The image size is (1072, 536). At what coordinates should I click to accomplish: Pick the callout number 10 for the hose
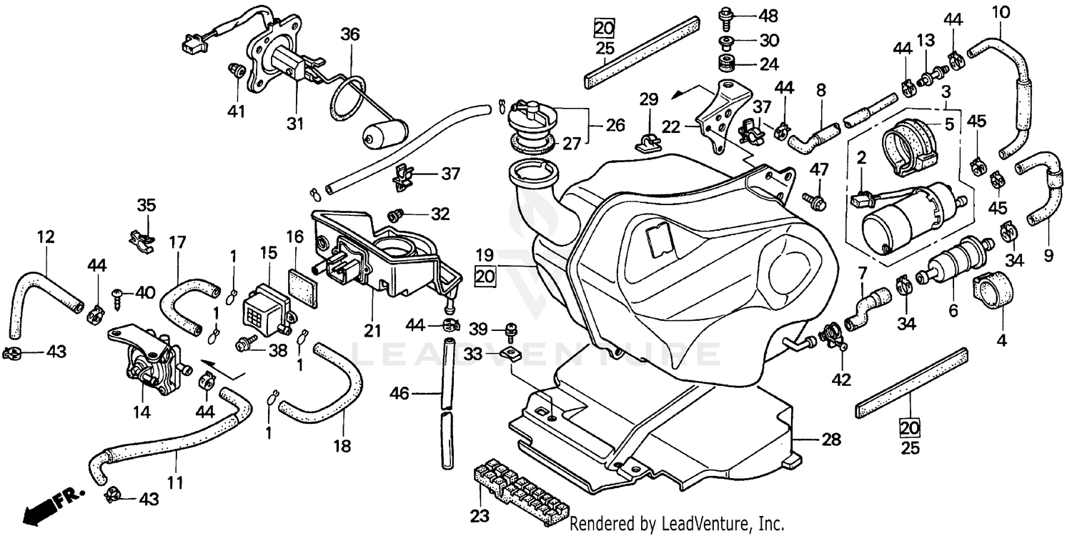click(1000, 11)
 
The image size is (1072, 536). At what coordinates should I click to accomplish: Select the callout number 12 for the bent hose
click(46, 237)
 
